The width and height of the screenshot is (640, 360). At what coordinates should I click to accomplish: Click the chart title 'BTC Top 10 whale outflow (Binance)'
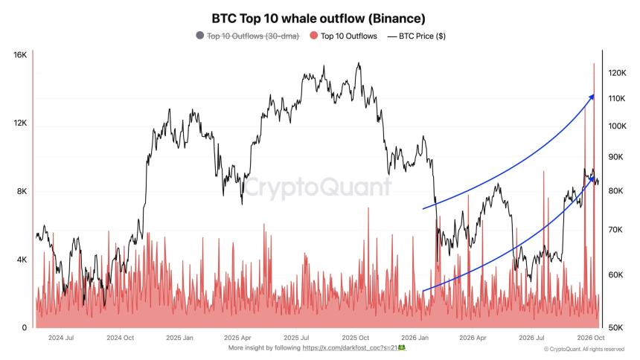[319, 19]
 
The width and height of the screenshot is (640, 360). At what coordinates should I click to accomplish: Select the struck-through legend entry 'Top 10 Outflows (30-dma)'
[253, 36]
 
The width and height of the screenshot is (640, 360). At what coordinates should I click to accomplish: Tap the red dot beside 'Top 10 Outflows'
[313, 36]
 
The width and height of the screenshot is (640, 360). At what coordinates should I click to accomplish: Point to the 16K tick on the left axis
[20, 55]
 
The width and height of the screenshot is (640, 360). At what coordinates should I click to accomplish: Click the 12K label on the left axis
[20, 123]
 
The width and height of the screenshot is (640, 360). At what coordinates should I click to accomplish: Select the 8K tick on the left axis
[22, 191]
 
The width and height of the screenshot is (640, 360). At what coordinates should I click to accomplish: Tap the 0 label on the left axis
[25, 327]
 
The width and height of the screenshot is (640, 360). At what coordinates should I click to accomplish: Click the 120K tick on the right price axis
[617, 73]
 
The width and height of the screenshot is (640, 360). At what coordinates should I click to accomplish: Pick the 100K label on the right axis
[617, 126]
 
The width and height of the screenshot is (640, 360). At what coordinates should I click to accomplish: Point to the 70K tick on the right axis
[615, 230]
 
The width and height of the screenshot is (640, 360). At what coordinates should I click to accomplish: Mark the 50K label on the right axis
[615, 327]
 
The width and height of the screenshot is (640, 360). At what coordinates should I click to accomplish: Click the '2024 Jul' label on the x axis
[61, 338]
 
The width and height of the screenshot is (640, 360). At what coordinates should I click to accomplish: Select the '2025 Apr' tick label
[237, 338]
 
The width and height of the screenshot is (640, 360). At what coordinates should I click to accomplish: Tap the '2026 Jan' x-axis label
[415, 338]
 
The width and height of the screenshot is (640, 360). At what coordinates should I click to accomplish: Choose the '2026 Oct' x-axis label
[591, 338]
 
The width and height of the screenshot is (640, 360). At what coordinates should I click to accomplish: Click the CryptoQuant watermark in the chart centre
[318, 187]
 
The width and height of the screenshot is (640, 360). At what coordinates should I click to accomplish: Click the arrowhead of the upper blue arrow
[591, 97]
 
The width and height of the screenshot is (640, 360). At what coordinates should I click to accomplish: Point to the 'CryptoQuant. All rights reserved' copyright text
[584, 349]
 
